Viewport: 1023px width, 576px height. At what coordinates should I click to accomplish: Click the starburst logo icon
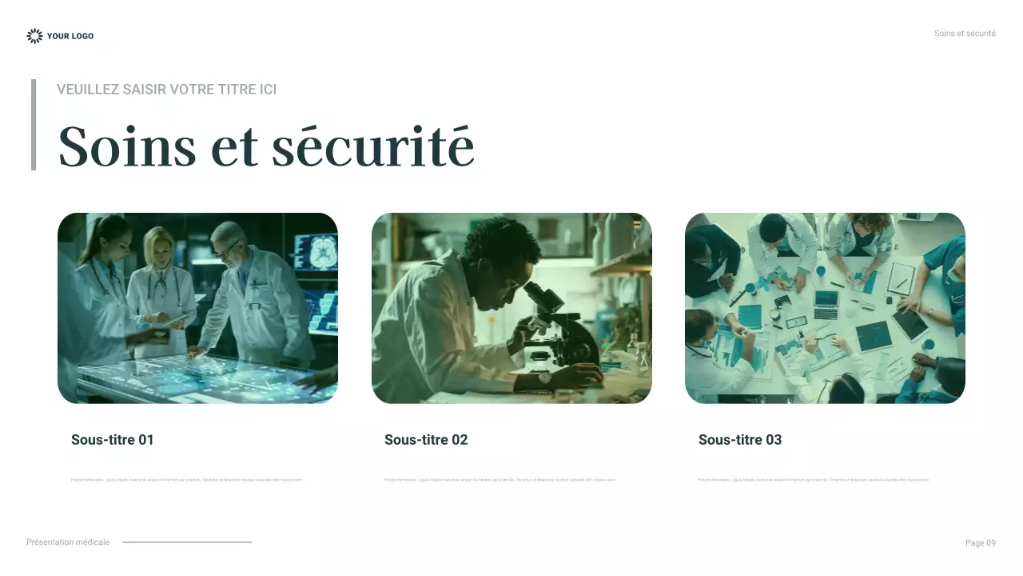[x=34, y=36]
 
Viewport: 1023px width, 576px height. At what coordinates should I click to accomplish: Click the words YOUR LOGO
[x=70, y=36]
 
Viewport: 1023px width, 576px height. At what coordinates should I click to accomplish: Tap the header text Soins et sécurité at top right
[x=965, y=34]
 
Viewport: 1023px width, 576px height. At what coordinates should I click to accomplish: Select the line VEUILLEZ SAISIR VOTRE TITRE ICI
[x=166, y=90]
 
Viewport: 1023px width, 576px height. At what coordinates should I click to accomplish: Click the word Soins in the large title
[x=127, y=146]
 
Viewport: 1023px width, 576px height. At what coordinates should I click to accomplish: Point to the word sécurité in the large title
[x=372, y=146]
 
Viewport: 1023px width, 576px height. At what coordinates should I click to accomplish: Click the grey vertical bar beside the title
[x=34, y=125]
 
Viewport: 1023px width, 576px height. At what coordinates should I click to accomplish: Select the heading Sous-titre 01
[x=112, y=440]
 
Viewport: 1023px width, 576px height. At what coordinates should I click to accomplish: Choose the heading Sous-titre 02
[x=426, y=440]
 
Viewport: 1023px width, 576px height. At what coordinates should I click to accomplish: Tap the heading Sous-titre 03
[x=740, y=440]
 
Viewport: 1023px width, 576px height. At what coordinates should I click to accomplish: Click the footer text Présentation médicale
[x=68, y=542]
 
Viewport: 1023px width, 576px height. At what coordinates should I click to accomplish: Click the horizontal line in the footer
[x=187, y=542]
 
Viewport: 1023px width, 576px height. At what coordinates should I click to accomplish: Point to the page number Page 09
[x=980, y=543]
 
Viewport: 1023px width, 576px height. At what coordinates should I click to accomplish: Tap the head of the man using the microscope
[x=502, y=256]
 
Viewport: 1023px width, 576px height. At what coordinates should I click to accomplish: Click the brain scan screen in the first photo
[x=316, y=252]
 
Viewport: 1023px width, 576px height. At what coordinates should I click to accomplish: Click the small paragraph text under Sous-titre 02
[x=500, y=480]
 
